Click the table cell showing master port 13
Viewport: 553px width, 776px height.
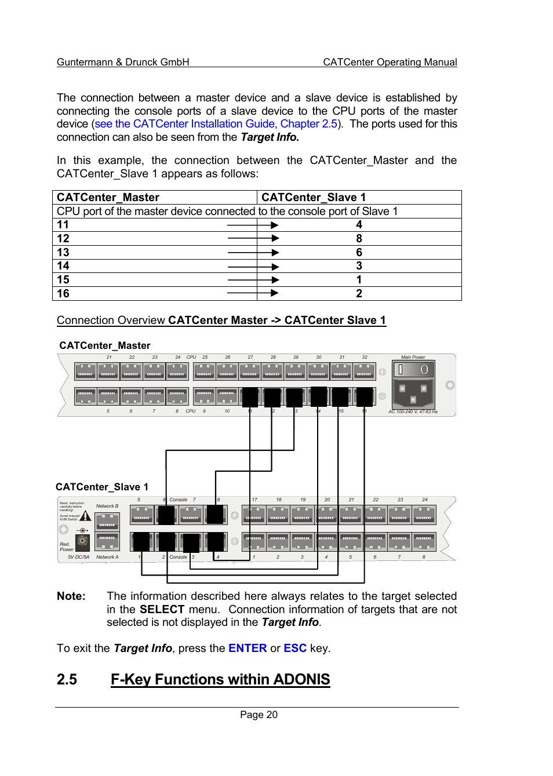[x=63, y=252]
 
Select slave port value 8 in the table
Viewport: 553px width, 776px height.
[x=359, y=238]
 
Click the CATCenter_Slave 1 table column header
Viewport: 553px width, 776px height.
[x=314, y=197]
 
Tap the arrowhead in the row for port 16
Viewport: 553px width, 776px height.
[x=275, y=293]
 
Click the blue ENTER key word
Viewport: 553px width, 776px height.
[x=248, y=648]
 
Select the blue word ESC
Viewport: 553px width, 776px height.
[x=294, y=648]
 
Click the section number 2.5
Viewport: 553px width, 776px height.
[x=67, y=679]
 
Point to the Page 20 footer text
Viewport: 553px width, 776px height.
[x=259, y=715]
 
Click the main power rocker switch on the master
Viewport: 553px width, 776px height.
[x=413, y=370]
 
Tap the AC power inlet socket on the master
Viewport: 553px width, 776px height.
[x=413, y=393]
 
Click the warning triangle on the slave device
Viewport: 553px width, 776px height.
[x=86, y=516]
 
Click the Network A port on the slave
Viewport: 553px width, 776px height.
[x=107, y=541]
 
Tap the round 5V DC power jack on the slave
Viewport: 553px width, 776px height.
[x=83, y=541]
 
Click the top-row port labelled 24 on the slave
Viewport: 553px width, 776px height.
[x=424, y=514]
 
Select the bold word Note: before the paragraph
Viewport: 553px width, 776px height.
[x=71, y=596]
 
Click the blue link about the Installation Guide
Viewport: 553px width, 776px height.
[x=216, y=123]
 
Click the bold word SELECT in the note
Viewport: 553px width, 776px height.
[x=162, y=609]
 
